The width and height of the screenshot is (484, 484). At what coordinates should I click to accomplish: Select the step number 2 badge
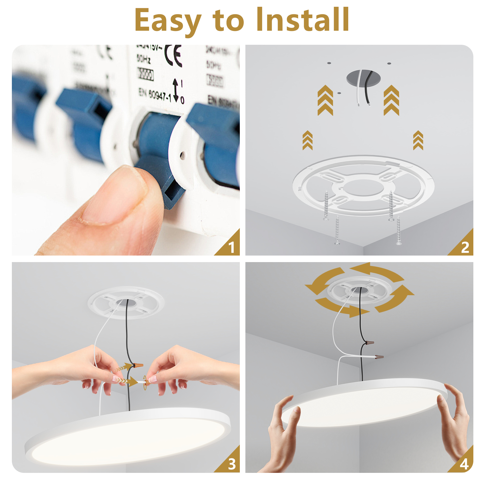465,247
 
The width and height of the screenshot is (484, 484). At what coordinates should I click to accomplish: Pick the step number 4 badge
464,464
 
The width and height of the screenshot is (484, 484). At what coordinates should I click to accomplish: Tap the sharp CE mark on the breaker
173,56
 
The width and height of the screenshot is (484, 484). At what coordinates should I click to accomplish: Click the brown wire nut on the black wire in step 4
369,342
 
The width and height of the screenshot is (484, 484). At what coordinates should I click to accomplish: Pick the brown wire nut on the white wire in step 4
379,356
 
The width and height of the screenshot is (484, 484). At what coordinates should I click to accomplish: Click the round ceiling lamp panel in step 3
128,436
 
